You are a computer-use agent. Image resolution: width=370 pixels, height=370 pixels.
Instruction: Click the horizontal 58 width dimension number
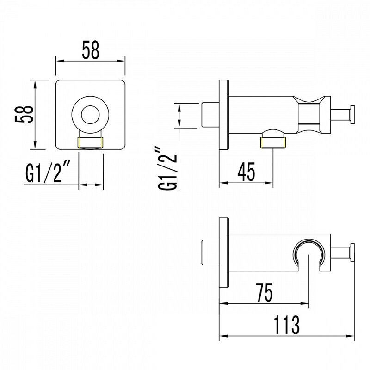tap(91, 50)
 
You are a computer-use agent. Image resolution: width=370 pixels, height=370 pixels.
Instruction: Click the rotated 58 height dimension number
tap(24, 114)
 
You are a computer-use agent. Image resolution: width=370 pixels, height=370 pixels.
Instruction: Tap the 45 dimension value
tap(247, 172)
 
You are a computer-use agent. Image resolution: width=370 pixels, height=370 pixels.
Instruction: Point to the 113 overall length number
tap(286, 325)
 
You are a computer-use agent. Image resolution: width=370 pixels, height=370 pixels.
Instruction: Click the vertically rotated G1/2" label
tap(167, 169)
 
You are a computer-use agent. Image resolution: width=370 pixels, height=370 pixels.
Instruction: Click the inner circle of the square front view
tap(90, 115)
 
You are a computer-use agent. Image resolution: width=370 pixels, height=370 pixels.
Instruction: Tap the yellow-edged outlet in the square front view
tap(91, 143)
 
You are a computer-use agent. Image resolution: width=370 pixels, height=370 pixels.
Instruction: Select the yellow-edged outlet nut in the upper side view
tap(273, 142)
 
